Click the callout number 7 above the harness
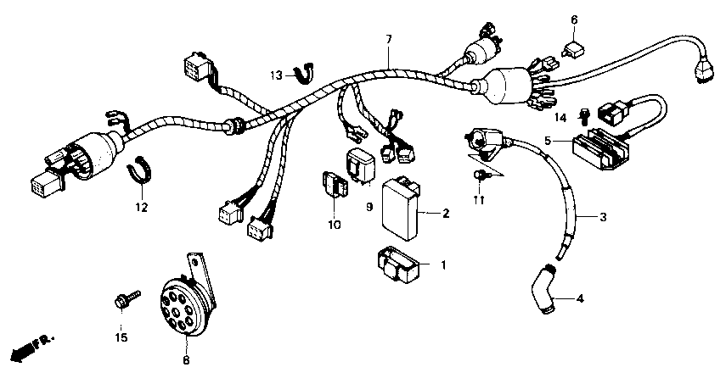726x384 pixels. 389,40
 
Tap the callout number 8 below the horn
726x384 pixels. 186,360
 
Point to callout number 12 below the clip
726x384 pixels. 141,207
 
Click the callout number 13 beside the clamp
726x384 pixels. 276,76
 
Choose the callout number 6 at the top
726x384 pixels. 574,19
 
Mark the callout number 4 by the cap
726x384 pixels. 580,298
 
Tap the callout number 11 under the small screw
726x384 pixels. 479,200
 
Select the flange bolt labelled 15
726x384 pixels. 121,301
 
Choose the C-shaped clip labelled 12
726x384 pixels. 140,169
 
